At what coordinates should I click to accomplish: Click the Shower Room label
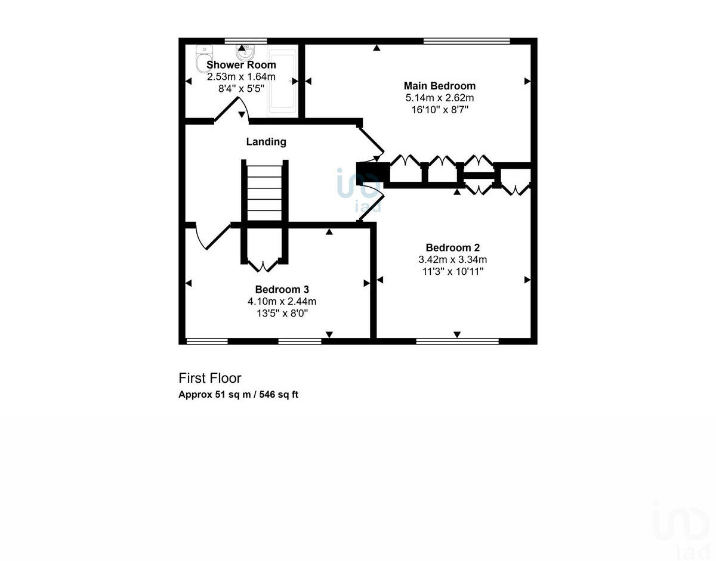click(x=241, y=65)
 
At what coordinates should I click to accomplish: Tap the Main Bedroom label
click(x=440, y=86)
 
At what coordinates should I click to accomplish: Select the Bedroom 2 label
click(x=453, y=247)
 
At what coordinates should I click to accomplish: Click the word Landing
click(x=266, y=142)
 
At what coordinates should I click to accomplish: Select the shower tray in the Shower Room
click(x=282, y=82)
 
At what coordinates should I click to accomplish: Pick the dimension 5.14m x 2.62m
click(x=440, y=98)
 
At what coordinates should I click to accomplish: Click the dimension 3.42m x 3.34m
click(x=453, y=259)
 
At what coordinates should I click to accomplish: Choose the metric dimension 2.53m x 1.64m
click(x=241, y=77)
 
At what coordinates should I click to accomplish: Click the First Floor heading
click(x=210, y=378)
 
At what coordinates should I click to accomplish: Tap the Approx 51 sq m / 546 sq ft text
click(x=238, y=395)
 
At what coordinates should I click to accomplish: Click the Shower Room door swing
click(x=230, y=111)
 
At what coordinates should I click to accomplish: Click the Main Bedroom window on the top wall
click(x=467, y=41)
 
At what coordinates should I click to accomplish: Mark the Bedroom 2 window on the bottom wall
click(x=457, y=342)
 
